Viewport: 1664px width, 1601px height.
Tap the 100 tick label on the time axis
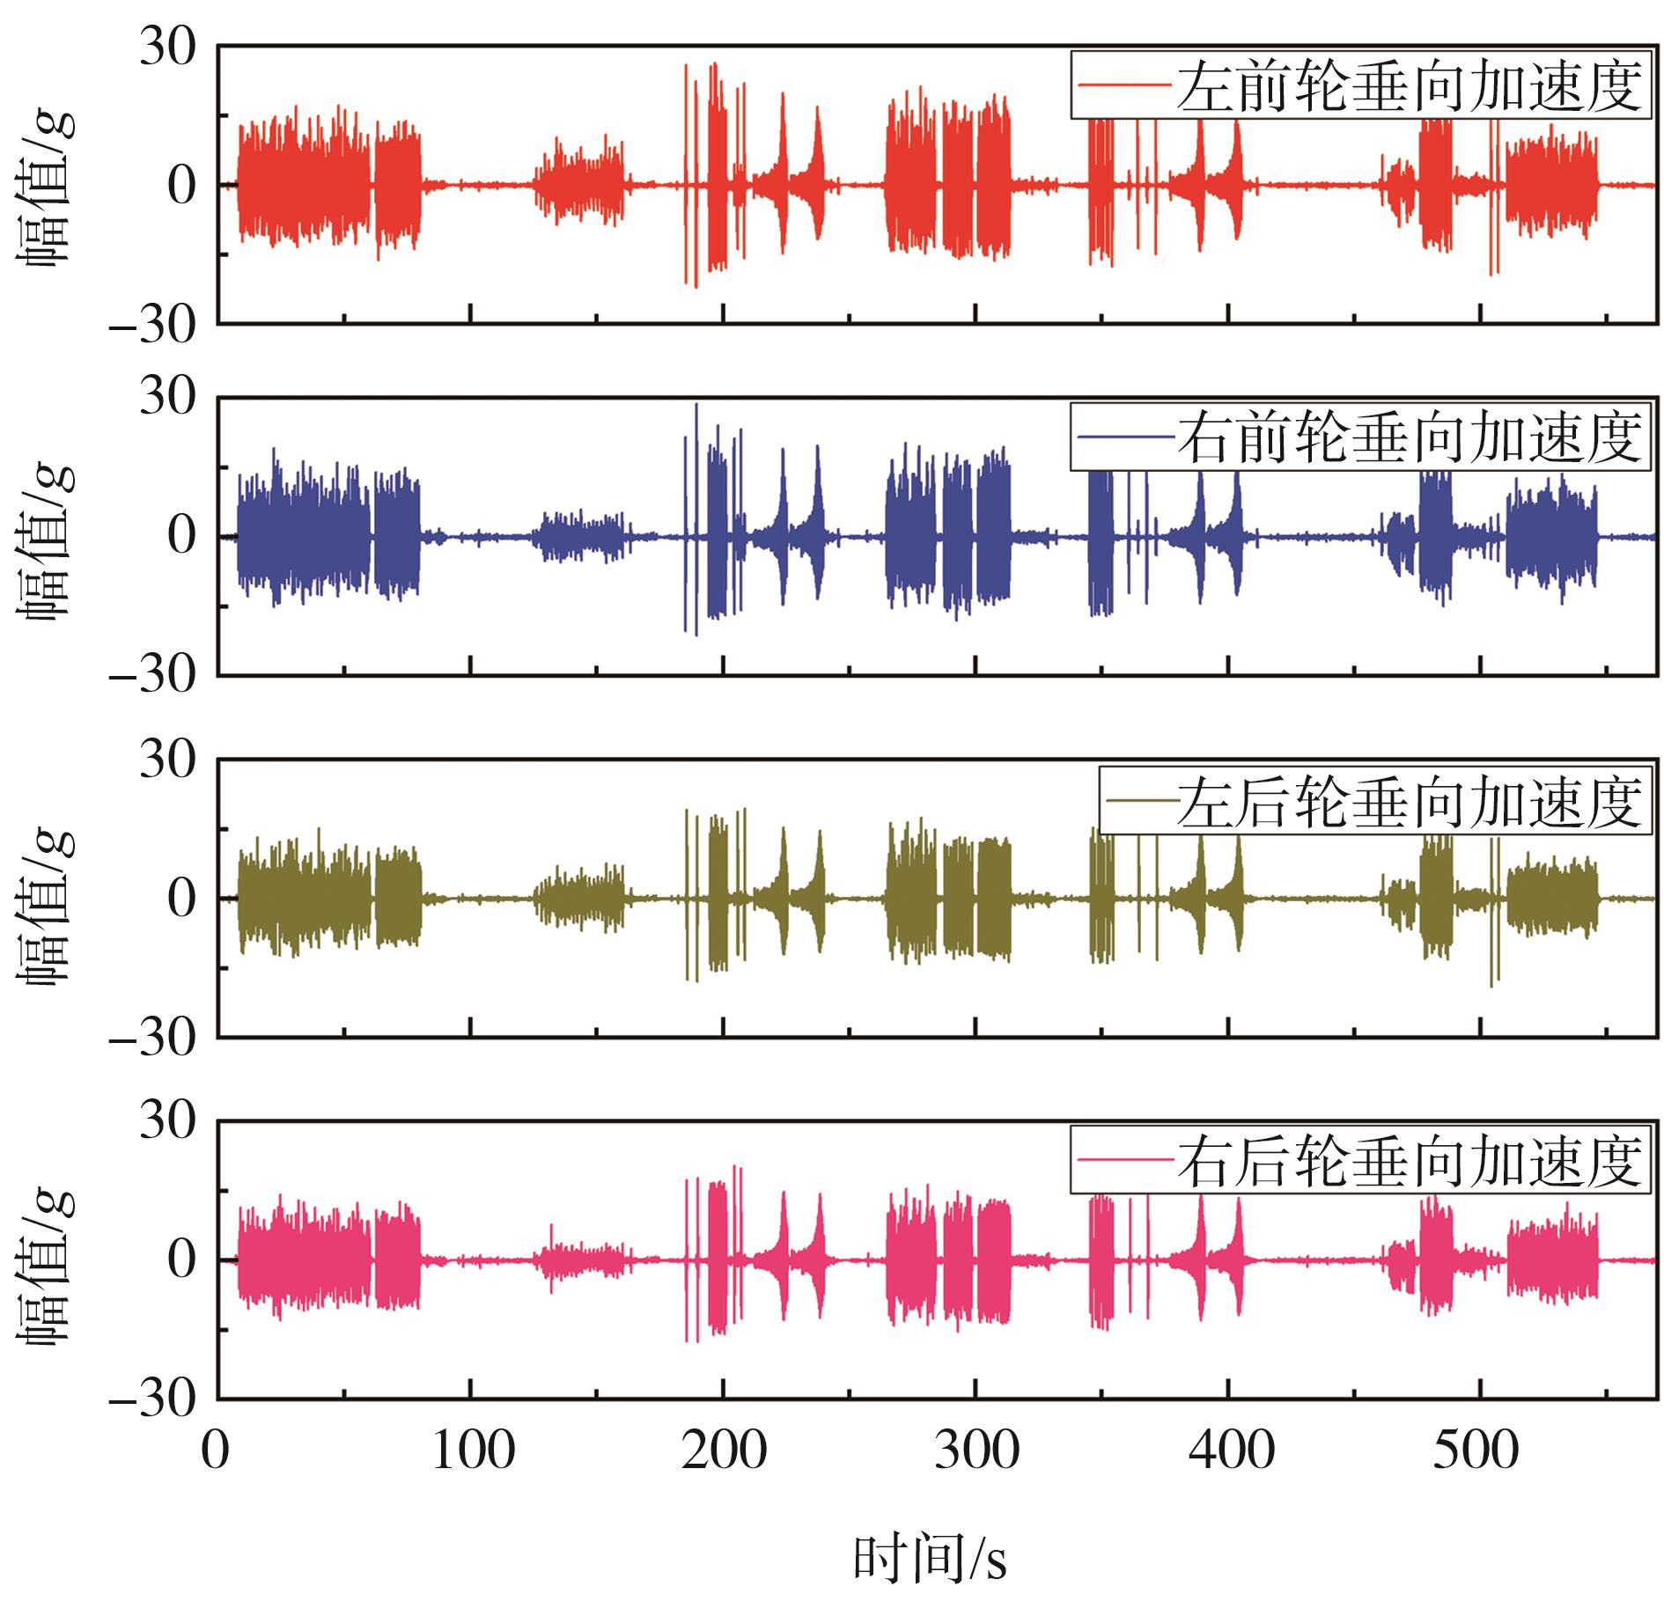coord(473,1450)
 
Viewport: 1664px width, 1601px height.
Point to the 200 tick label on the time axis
coord(725,1450)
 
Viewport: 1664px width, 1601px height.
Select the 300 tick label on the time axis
coord(976,1450)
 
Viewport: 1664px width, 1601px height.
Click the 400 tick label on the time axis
coord(1230,1450)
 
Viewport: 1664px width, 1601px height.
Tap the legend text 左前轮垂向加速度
coord(1409,85)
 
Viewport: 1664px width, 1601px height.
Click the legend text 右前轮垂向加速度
coord(1409,437)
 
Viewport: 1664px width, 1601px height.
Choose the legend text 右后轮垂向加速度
coord(1409,1161)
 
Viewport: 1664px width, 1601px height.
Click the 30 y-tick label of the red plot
coord(167,51)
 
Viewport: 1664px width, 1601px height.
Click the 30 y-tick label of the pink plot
coord(167,1122)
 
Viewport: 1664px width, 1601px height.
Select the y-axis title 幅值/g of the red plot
coord(46,187)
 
